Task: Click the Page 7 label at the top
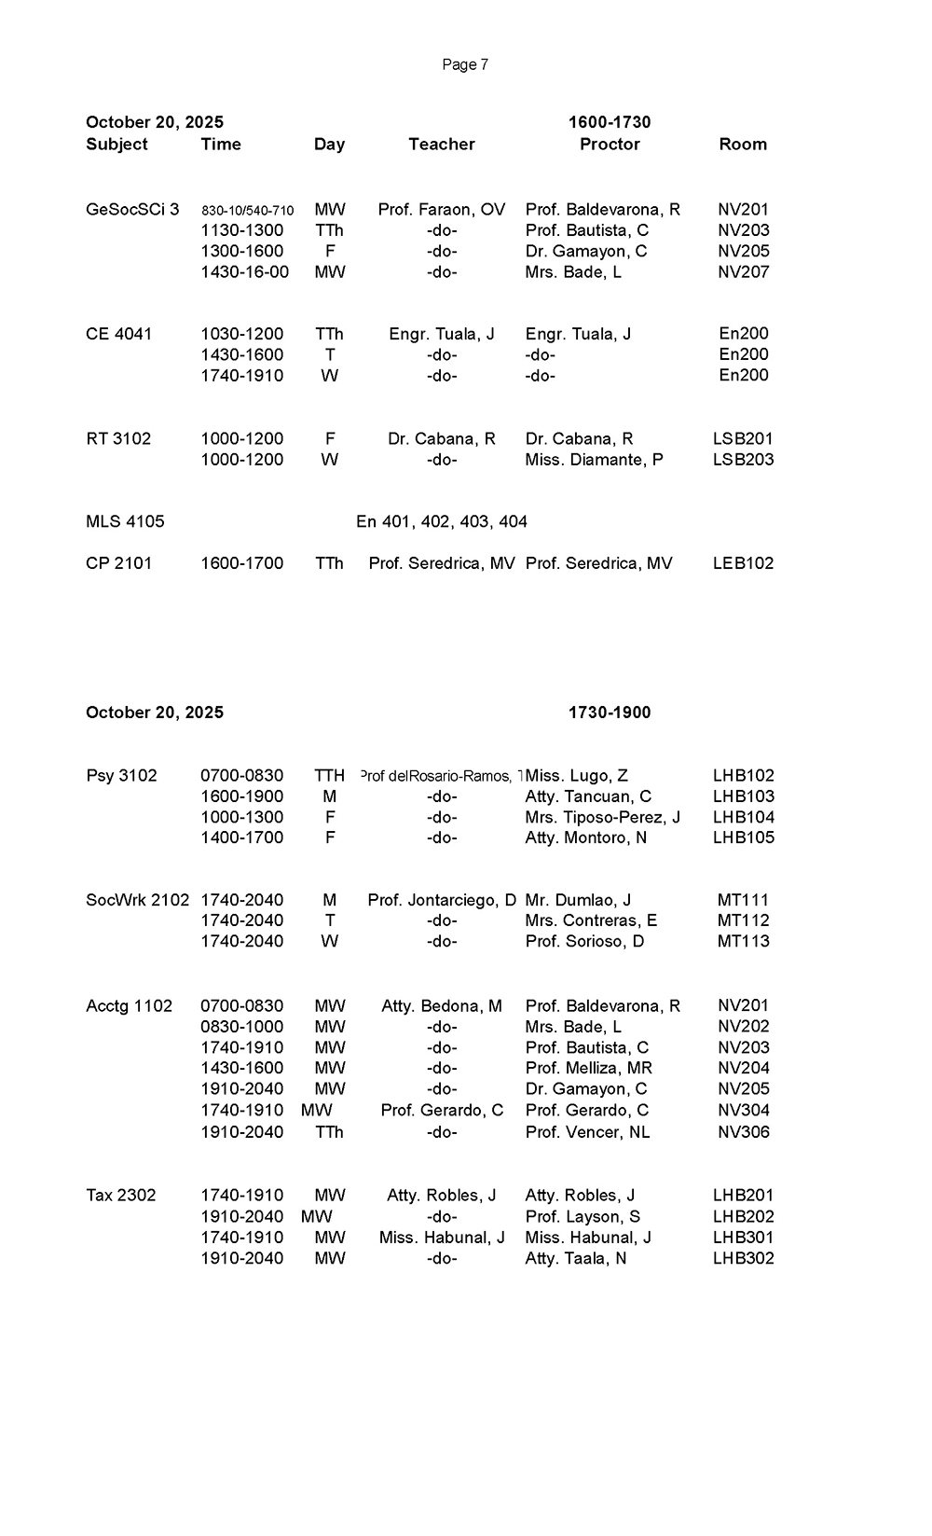click(x=465, y=64)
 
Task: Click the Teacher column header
click(x=442, y=144)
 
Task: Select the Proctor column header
click(x=610, y=144)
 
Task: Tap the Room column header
click(x=743, y=144)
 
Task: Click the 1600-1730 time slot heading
click(x=610, y=122)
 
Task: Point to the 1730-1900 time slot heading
click(x=610, y=713)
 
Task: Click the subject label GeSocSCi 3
click(x=132, y=210)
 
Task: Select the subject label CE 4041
click(x=118, y=334)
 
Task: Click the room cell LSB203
click(x=743, y=460)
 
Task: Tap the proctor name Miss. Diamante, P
click(x=594, y=460)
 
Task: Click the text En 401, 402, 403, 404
click(x=442, y=521)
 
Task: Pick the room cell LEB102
click(x=743, y=563)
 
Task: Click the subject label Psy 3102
click(x=121, y=776)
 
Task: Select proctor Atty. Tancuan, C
click(x=588, y=796)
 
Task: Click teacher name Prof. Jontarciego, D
click(x=442, y=900)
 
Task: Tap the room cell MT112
click(x=743, y=920)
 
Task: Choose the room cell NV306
click(x=743, y=1132)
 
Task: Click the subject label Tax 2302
click(x=121, y=1196)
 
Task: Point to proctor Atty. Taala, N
click(x=576, y=1258)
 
